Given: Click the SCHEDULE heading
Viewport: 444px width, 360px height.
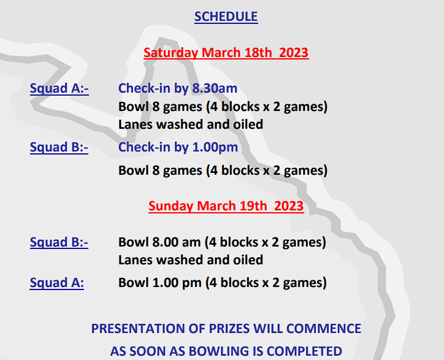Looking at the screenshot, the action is pyautogui.click(x=226, y=17).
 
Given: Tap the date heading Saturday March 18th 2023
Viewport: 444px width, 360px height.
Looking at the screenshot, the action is pyautogui.click(x=226, y=53).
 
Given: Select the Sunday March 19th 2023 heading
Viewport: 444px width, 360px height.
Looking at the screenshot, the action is pyautogui.click(x=226, y=206).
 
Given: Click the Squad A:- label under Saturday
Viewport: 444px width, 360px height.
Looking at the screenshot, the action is pyautogui.click(x=59, y=89).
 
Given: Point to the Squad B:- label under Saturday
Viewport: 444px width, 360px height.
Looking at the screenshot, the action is pyautogui.click(x=59, y=148).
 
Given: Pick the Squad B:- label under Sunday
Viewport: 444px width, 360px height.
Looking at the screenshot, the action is pyautogui.click(x=59, y=242).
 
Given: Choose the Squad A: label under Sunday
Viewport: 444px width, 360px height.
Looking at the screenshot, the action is pyautogui.click(x=56, y=283).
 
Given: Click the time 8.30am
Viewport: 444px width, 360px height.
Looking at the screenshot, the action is pyautogui.click(x=215, y=88).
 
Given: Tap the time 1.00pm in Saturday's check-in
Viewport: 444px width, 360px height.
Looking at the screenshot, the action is pyautogui.click(x=215, y=148).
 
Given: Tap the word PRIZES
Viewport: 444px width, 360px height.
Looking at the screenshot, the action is pyautogui.click(x=229, y=329).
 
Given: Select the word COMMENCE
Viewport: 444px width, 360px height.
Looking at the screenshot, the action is pyautogui.click(x=324, y=329).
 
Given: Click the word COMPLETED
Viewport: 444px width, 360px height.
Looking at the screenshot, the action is pyautogui.click(x=304, y=351).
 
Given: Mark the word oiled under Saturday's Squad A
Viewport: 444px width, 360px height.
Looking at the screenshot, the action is pyautogui.click(x=248, y=124).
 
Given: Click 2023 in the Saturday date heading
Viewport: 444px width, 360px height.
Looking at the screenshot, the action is pyautogui.click(x=294, y=53).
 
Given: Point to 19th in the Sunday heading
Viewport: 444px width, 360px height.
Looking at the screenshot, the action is pyautogui.click(x=253, y=206).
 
